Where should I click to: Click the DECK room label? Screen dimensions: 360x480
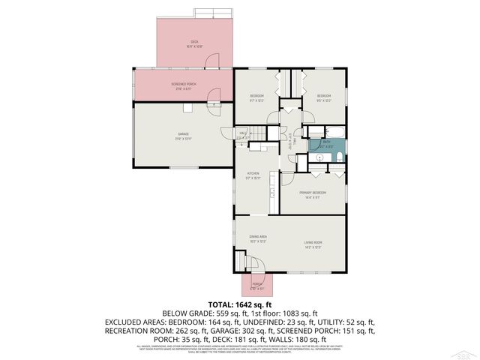194,43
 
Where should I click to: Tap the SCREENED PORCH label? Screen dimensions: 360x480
184,85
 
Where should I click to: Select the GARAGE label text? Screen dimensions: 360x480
183,136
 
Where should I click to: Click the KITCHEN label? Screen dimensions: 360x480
253,175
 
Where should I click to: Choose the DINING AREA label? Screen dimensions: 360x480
258,238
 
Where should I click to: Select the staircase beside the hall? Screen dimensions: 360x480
258,134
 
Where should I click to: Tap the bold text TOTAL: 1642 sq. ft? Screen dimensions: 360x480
239,304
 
